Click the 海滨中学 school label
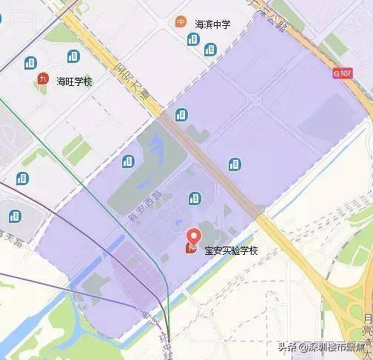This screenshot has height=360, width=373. [x=212, y=24]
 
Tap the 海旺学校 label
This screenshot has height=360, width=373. [x=74, y=81]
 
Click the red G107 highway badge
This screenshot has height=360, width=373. [x=342, y=73]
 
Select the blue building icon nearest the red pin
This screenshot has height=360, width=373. [x=194, y=198]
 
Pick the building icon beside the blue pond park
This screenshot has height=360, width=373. [x=128, y=161]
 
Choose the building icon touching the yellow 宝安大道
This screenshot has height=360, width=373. [x=181, y=114]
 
